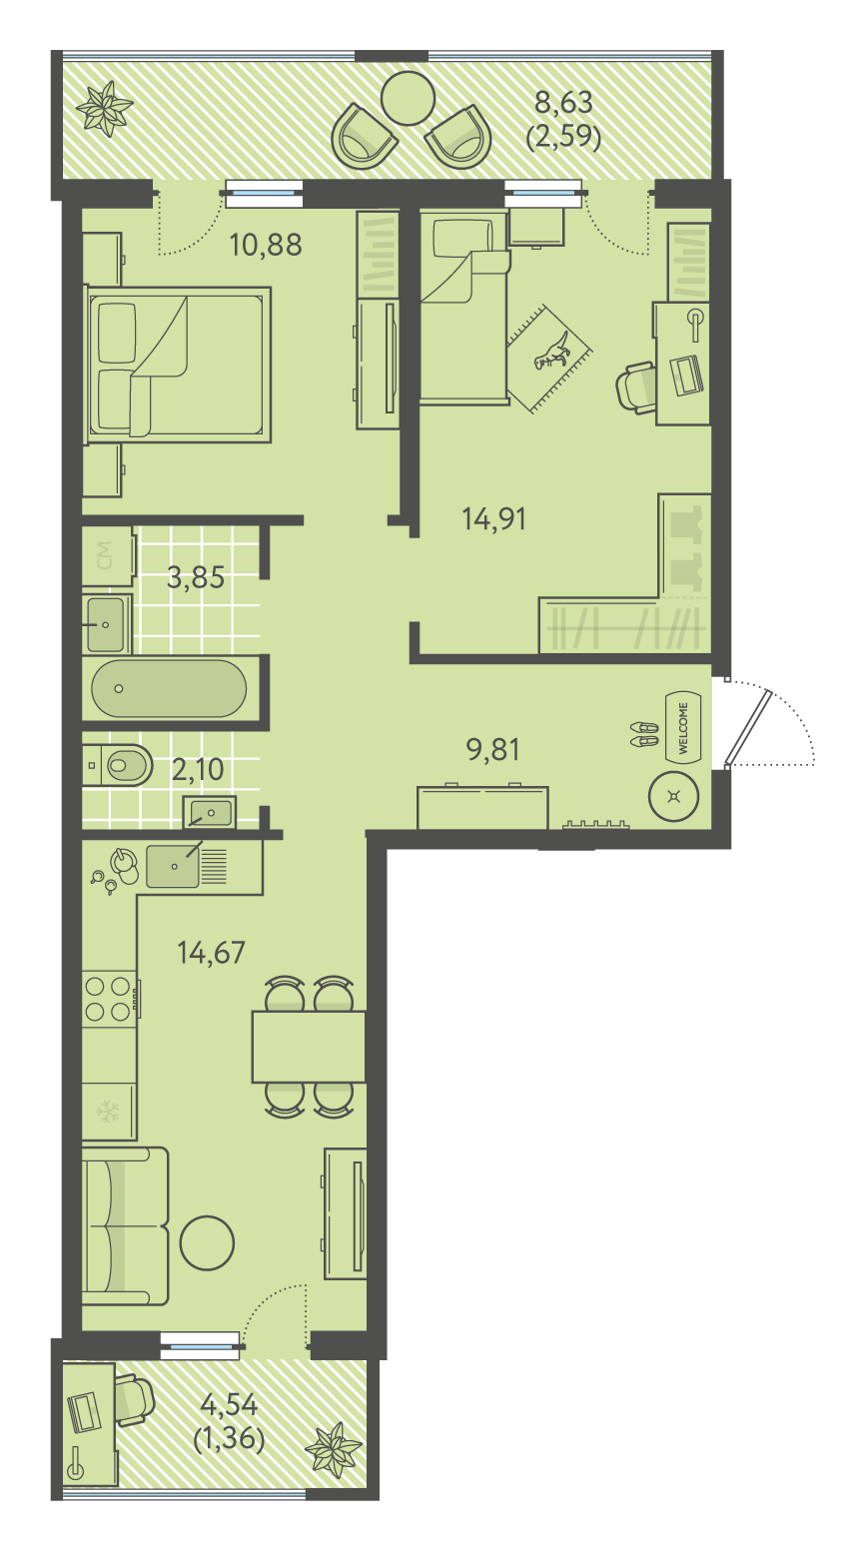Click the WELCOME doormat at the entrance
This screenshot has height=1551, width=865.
tap(683, 727)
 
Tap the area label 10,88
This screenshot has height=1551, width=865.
tap(266, 245)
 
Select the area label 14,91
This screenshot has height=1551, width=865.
tap(493, 518)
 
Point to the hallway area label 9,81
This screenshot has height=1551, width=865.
tap(493, 750)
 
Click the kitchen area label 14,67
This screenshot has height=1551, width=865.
tap(211, 953)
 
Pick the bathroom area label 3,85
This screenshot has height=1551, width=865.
tap(196, 577)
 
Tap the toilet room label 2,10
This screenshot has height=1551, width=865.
tap(198, 769)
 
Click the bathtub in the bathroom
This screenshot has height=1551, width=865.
tap(169, 688)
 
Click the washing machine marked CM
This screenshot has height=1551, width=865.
tap(108, 556)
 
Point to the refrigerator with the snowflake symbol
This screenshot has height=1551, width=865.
tap(109, 1112)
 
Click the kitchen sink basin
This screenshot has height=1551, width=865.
tap(173, 866)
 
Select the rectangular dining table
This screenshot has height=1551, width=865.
tap(309, 1047)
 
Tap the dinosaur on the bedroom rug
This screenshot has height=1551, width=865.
tap(552, 352)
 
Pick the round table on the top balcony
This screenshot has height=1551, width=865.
tap(408, 98)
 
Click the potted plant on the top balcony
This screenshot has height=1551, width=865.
tap(104, 109)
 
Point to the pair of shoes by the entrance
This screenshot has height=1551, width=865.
tap(644, 734)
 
